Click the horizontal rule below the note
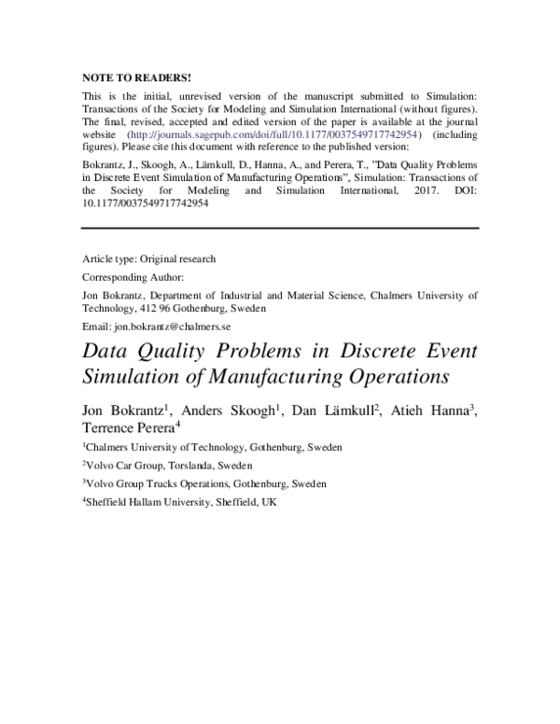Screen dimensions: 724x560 click(280, 228)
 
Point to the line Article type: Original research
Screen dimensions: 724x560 click(149, 258)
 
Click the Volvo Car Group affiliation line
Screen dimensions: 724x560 click(169, 466)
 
